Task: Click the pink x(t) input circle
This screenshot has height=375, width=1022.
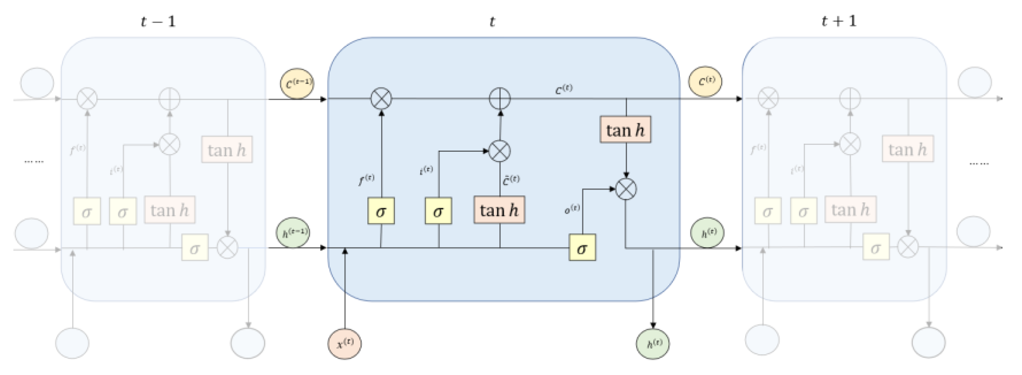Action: [344, 344]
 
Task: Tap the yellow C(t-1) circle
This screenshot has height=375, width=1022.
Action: [297, 83]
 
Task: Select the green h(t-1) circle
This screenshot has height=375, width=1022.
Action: [293, 232]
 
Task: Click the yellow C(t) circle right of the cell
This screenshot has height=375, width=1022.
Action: [705, 81]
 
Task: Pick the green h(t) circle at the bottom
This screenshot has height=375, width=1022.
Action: [653, 344]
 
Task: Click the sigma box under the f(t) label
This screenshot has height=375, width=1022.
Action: [381, 211]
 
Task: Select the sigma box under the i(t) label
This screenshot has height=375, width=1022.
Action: [438, 211]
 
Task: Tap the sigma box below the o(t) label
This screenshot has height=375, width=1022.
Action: [582, 248]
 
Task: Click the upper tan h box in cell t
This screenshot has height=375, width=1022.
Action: [625, 130]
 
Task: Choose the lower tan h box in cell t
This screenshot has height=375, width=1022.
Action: [499, 210]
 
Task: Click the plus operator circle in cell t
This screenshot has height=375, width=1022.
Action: [499, 98]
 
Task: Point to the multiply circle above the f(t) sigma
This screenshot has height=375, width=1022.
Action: [381, 98]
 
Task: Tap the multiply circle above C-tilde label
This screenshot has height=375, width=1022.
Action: [499, 151]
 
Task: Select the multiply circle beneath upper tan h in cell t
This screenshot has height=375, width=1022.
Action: [626, 189]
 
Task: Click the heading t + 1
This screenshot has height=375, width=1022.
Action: [839, 21]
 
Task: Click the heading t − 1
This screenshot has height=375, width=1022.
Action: [158, 21]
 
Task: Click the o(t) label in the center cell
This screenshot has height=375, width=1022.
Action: [572, 209]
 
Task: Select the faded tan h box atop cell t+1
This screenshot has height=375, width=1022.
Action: [908, 149]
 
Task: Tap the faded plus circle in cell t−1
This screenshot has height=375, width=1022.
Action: [169, 99]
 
